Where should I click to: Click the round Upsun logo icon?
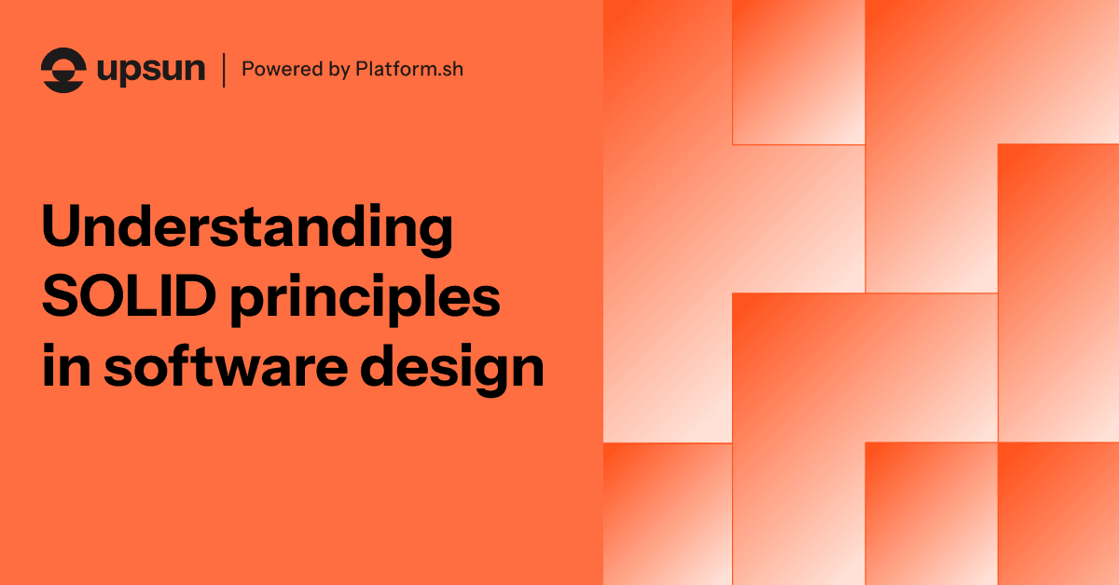pos(63,70)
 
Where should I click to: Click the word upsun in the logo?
pos(151,71)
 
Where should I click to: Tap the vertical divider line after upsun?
pos(224,71)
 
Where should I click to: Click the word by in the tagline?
pos(339,70)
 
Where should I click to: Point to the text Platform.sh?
pos(409,69)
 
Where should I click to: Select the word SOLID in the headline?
pos(129,295)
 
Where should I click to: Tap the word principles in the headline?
pos(366,300)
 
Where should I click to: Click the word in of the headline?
pos(66,365)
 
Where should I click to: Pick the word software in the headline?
pos(226,365)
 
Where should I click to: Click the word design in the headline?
pos(452,370)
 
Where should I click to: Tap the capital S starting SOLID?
pos(60,295)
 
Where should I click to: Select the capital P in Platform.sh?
pos(362,69)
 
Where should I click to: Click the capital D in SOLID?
pos(195,295)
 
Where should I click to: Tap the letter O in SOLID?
pos(104,295)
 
